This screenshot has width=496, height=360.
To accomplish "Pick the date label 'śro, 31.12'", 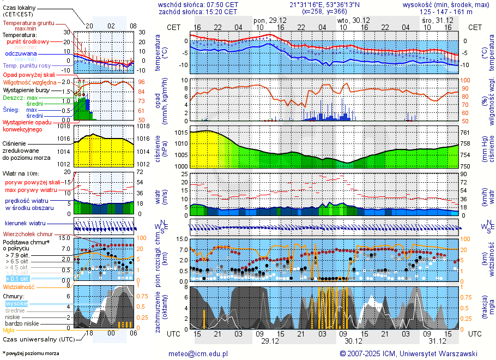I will click(x=438, y=20).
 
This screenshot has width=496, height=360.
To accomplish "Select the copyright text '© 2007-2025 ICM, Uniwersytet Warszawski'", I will click(x=408, y=353).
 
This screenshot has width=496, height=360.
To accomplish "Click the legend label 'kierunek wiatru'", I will click(x=26, y=224).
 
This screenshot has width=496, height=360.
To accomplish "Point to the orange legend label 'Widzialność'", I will click(x=19, y=286).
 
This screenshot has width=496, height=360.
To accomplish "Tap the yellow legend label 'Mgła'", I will click(x=9, y=330).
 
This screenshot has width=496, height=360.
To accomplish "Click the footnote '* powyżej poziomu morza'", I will click(x=31, y=353).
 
